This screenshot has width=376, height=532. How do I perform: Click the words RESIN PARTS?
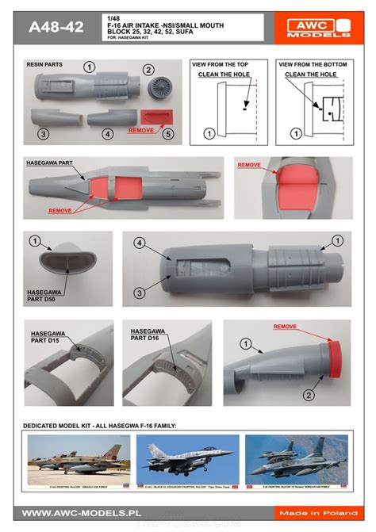(x=44, y=63)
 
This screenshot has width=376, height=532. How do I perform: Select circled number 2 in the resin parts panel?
(x=148, y=70)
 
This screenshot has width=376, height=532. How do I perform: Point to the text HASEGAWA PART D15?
(x=48, y=334)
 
